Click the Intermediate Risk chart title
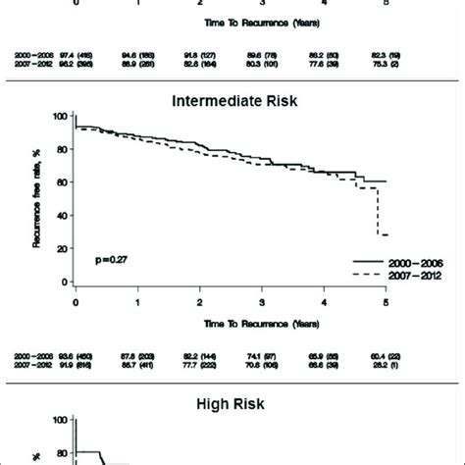point(232,101)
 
